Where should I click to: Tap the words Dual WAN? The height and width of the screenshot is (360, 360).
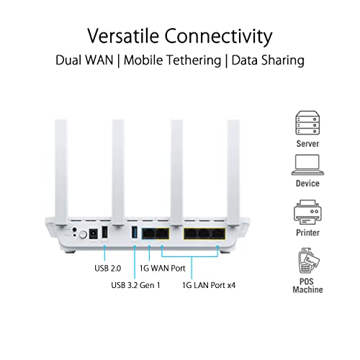pyautogui.click(x=85, y=60)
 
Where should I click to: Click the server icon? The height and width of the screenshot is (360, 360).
pyautogui.click(x=307, y=122)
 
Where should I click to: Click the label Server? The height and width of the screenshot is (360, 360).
pyautogui.click(x=307, y=143)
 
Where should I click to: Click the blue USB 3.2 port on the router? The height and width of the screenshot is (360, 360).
pyautogui.click(x=134, y=233)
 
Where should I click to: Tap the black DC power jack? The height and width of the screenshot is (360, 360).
pyautogui.click(x=92, y=234)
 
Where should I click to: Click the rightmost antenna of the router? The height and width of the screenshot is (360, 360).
pyautogui.click(x=234, y=166)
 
